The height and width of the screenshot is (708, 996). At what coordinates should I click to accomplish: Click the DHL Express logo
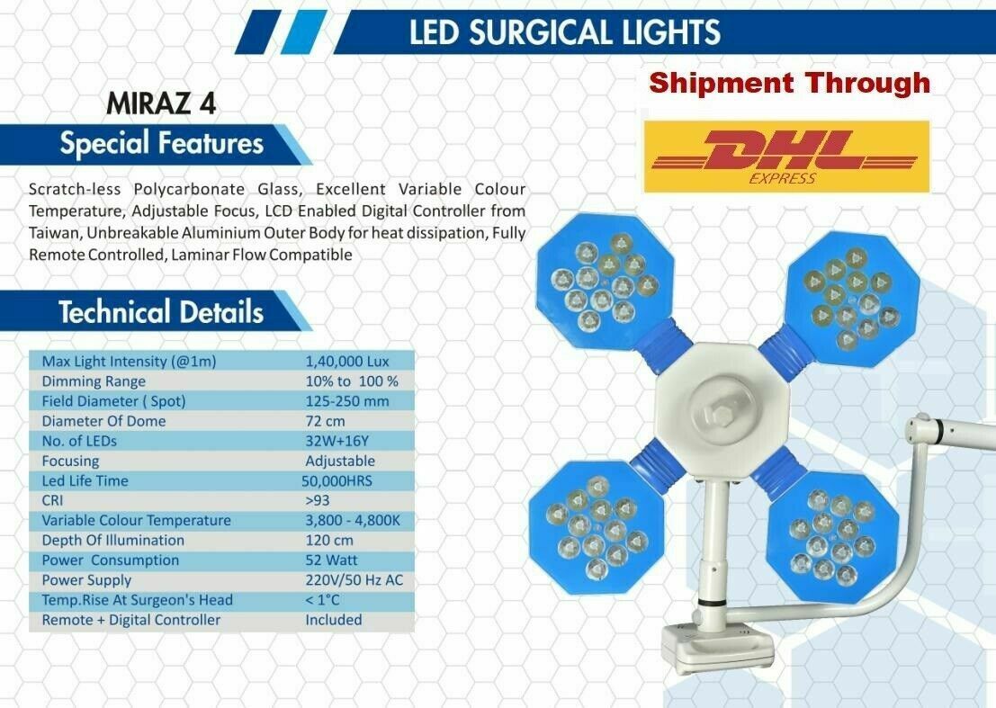pos(786,157)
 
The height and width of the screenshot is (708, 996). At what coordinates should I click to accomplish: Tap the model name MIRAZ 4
pos(161,103)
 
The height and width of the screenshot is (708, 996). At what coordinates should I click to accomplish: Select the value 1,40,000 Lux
pos(346,362)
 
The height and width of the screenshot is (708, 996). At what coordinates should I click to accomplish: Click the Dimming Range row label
pos(94,381)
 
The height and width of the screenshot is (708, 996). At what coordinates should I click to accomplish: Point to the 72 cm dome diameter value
pos(325,421)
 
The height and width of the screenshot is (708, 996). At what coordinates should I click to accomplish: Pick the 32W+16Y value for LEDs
pos(336,442)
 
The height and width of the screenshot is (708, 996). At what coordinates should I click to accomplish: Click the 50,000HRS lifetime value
pos(336,480)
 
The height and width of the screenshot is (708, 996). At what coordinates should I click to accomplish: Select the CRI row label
pos(52,500)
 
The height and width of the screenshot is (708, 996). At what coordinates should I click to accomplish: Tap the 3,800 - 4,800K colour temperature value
pos(353,521)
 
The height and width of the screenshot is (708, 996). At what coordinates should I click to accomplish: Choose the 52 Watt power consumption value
pos(331,560)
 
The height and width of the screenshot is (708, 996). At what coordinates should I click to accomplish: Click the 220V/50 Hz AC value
pos(354,580)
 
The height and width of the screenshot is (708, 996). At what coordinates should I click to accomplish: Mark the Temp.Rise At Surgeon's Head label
pos(137,600)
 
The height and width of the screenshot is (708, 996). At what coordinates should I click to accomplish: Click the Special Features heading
pos(161,143)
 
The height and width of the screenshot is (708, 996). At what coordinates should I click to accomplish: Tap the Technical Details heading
pos(161,312)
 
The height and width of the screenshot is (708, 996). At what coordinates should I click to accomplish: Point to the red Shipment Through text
pos(790,83)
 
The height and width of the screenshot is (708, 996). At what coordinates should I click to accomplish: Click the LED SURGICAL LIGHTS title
pos(565,32)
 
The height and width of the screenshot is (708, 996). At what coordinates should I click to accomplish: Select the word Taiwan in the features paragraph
pos(55,233)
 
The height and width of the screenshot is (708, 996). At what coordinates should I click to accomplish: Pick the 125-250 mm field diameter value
pos(346,401)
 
